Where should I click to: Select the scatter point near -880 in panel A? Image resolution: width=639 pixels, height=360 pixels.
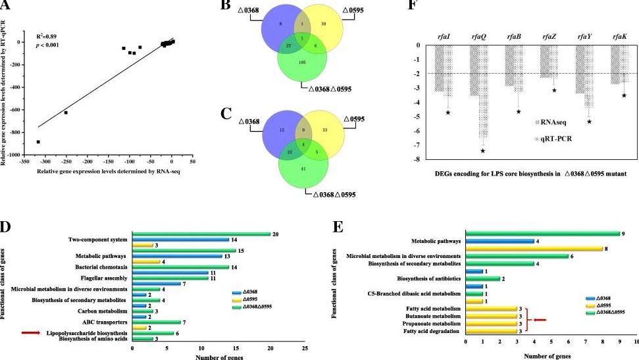pos(38,141)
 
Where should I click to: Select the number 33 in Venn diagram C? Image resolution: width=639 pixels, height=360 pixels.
pos(323,130)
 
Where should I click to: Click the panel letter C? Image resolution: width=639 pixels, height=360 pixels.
pos(226,113)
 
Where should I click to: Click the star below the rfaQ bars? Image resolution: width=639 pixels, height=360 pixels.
pos(482,151)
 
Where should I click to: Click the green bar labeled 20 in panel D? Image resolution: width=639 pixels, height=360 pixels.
pos(201,234)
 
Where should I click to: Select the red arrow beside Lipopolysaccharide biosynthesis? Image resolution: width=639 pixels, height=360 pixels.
pos(31,333)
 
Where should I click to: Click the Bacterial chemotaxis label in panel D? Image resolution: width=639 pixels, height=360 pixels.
pos(99,266)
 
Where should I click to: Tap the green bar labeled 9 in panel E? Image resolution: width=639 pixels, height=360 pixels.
pos(542,234)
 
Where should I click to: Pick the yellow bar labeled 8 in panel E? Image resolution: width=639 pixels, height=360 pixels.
pos(534,249)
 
